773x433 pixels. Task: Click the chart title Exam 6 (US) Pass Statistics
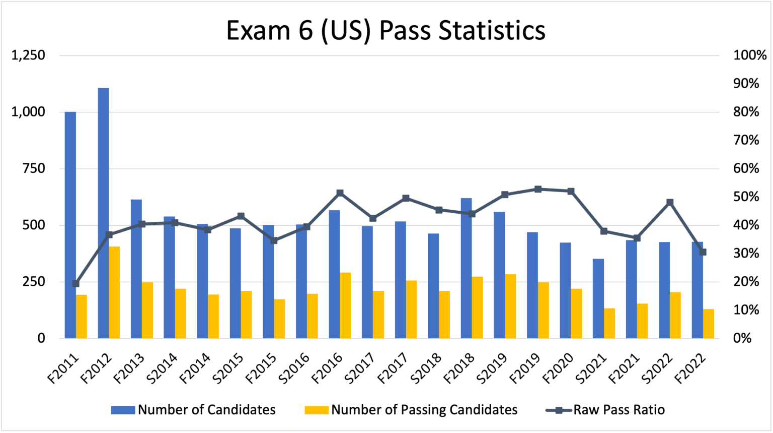coord(385,30)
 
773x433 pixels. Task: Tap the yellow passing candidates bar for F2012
coord(114,292)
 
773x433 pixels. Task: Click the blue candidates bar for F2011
coord(70,225)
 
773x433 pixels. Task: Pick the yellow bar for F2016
coord(345,305)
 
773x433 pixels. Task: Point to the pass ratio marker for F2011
coord(75,283)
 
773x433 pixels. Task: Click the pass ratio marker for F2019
coord(537,189)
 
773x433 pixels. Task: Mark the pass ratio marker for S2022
coord(670,202)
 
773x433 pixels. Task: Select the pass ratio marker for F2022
coord(703,252)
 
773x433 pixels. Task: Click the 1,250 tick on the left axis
coord(28,55)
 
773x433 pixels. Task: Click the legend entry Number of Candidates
coord(206,410)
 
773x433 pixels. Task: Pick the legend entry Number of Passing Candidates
coord(424,410)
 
